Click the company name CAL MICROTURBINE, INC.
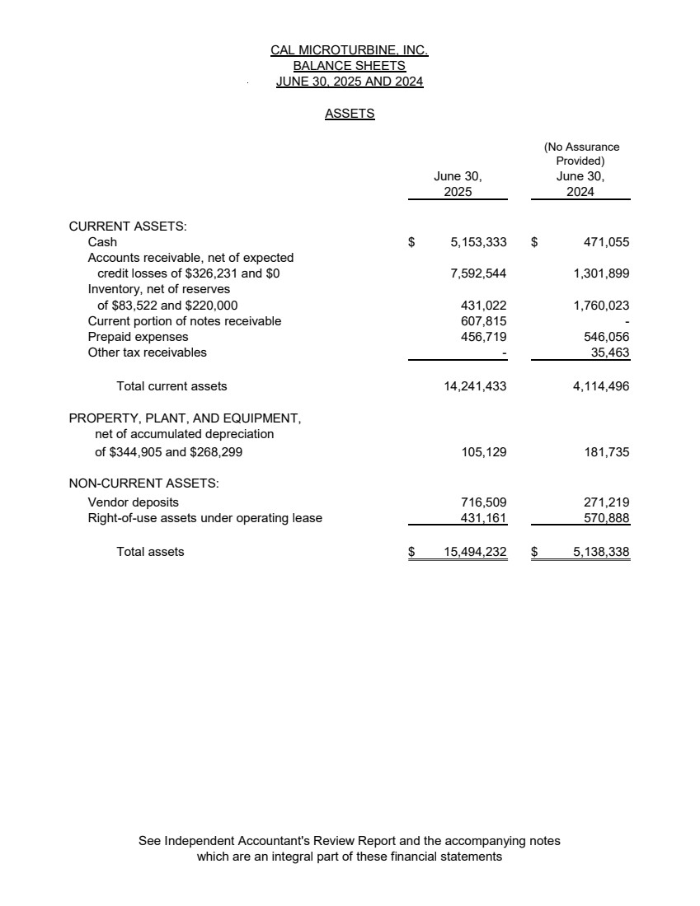(x=349, y=50)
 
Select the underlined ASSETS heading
(x=350, y=114)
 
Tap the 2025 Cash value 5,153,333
(x=478, y=242)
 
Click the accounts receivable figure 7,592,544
(x=478, y=273)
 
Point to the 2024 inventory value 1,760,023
(x=601, y=306)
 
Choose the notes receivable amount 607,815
(x=483, y=321)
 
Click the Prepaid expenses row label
(x=138, y=337)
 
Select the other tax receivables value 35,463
(x=610, y=353)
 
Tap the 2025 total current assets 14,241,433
(x=475, y=385)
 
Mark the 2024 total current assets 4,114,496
(x=601, y=385)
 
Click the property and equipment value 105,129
(x=483, y=452)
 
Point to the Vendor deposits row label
(x=133, y=502)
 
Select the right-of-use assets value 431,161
(x=483, y=518)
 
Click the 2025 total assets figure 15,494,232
(x=475, y=552)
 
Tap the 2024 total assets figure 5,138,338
(x=601, y=552)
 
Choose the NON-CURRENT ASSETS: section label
(x=143, y=483)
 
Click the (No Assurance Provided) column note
(x=581, y=154)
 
